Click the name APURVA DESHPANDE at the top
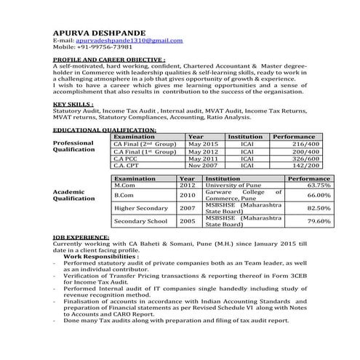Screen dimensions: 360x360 coord(100,32)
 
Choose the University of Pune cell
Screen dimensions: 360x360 coord(233,185)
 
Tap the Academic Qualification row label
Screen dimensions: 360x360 coord(74,194)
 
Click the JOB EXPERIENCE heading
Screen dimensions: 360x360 coord(81,237)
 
